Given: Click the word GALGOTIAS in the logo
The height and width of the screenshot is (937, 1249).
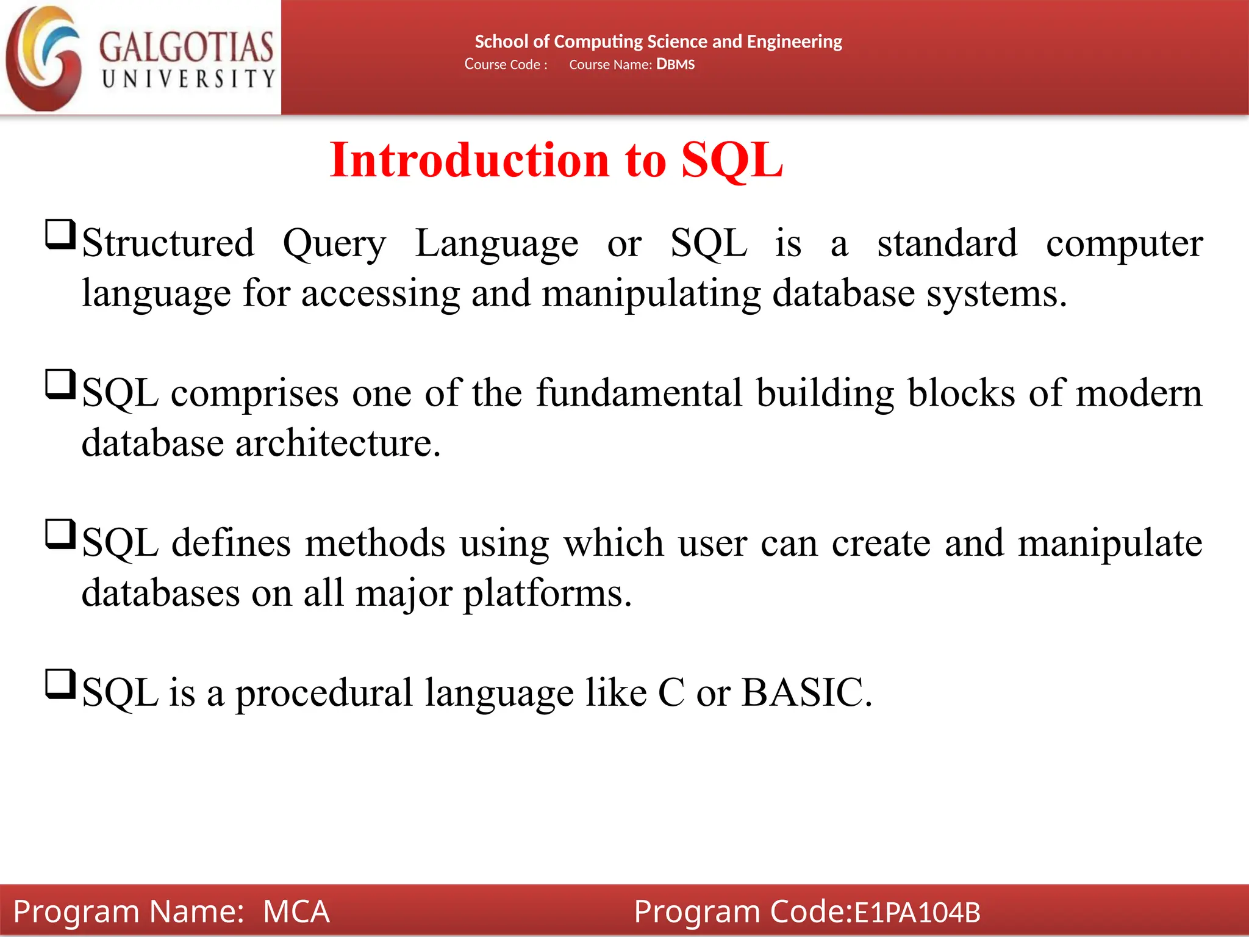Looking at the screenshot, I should coord(186,48).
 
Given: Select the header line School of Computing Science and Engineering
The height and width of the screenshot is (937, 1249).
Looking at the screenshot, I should coord(658,41).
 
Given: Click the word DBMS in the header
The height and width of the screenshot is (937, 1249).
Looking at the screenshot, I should coord(675,65).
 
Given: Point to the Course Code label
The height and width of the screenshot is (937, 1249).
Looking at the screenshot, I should coord(506,65).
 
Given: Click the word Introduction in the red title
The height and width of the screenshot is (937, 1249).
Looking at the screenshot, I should coord(470,160).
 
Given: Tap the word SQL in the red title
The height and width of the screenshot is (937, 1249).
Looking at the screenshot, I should coord(732,160).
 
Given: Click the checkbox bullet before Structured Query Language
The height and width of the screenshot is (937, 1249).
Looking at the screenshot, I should coord(60,235).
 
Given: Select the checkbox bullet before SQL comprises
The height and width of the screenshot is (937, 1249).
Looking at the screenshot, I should coord(60,385).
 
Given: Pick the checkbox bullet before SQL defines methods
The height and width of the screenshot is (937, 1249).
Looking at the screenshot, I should coord(60,534).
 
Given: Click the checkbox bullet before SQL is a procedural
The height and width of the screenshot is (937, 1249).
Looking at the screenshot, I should coord(60,684).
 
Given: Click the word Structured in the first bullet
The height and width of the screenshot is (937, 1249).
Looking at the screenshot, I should coord(168,243).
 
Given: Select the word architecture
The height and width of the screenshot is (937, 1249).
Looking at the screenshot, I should coord(337,443).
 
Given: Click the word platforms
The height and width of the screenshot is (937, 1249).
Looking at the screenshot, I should coord(547,594).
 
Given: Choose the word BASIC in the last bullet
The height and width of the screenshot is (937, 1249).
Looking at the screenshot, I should coord(806,692).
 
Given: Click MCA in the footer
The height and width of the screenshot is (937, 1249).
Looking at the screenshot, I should coord(296,911).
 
